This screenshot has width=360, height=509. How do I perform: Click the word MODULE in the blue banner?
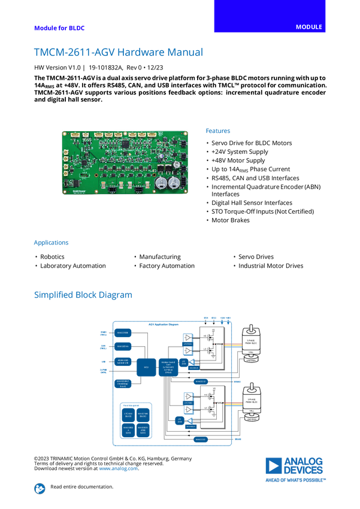pyautogui.click(x=309, y=28)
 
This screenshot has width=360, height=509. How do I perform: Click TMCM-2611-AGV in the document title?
pyautogui.click(x=65, y=52)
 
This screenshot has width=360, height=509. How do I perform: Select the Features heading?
pyautogui.click(x=218, y=131)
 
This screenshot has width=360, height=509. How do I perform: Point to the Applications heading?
pyautogui.click(x=51, y=243)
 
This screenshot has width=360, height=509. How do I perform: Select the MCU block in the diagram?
pyautogui.click(x=146, y=367)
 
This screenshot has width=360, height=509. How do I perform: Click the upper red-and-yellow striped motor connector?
pyautogui.click(x=233, y=345)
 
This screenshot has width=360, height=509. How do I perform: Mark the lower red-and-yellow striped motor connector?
pyautogui.click(x=233, y=404)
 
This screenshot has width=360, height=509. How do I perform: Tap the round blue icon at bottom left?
pyautogui.click(x=40, y=488)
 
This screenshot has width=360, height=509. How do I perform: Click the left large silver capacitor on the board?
pyautogui.click(x=162, y=183)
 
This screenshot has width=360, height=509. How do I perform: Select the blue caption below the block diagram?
pyautogui.click(x=118, y=468)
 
